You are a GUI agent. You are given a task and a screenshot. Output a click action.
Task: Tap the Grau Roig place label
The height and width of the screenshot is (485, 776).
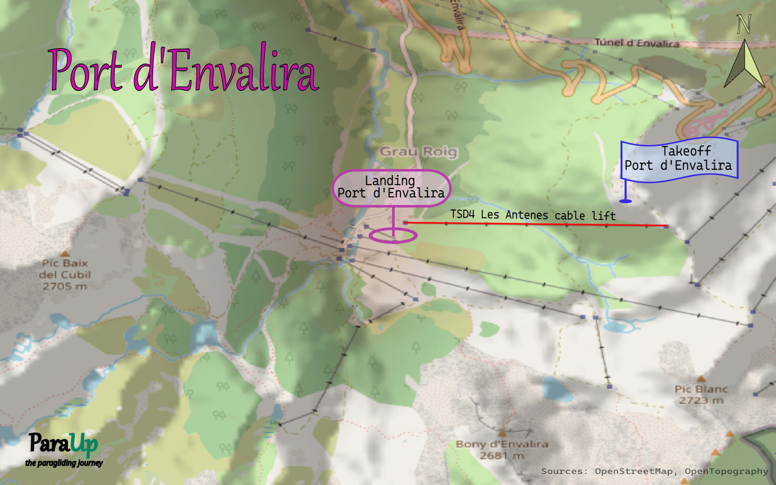tap(419, 151)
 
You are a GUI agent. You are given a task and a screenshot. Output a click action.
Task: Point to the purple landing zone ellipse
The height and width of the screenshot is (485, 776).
tap(393, 236)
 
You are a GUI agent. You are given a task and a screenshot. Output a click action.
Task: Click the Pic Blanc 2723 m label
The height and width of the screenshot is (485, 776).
tap(701, 395)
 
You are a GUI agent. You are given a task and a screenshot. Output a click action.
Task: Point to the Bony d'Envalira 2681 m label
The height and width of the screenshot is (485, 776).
tap(502, 449)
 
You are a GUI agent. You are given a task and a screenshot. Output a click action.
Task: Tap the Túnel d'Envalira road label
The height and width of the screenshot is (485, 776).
tap(637, 43)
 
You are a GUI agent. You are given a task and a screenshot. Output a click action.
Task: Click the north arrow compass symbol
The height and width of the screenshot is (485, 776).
tap(744, 64)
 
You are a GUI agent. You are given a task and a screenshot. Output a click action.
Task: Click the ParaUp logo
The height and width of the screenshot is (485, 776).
tap(63, 444)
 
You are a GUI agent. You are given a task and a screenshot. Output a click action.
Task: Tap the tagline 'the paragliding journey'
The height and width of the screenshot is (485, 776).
tap(64, 463)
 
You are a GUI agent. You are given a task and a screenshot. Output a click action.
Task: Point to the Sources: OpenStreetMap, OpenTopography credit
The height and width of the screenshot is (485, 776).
tap(655, 471)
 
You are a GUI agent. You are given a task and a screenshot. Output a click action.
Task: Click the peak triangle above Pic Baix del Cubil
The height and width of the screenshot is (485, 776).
tap(65, 254)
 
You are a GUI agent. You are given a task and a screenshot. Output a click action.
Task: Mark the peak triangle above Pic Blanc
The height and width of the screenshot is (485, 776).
tap(701, 379)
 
